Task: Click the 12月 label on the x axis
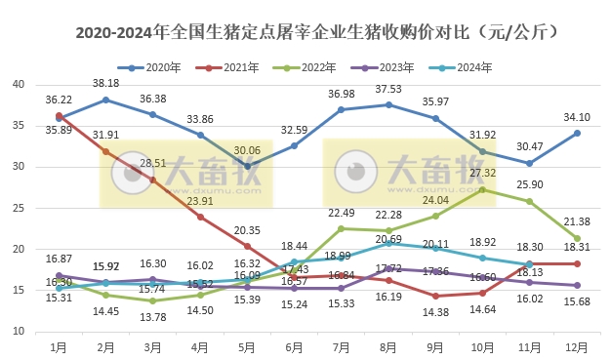pos(577,346)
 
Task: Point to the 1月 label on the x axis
pos(59,346)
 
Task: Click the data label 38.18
pos(104,84)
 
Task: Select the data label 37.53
pos(388,89)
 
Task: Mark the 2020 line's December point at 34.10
pos(577,133)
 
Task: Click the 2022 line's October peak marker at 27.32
pos(482,189)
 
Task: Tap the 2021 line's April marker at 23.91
pos(199,217)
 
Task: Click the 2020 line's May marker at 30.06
pos(247,166)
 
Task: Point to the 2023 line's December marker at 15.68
pos(577,285)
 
